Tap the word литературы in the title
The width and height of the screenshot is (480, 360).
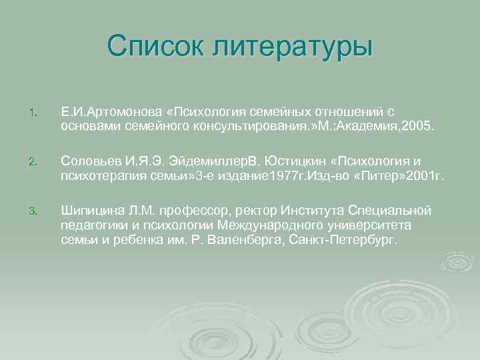coord(292,46)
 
